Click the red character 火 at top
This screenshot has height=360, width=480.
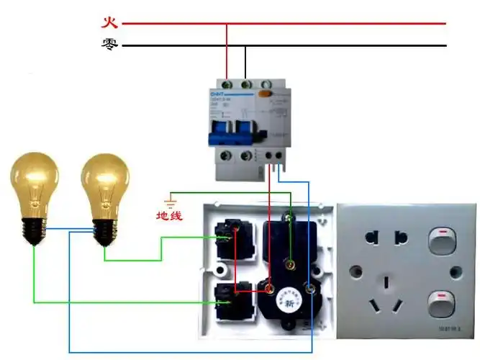[109, 22]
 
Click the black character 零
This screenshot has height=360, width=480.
[109, 45]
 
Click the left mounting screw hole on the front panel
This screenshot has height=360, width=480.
[354, 271]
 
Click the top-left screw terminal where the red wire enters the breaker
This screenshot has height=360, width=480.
[227, 84]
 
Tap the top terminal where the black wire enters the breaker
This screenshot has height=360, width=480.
[246, 84]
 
